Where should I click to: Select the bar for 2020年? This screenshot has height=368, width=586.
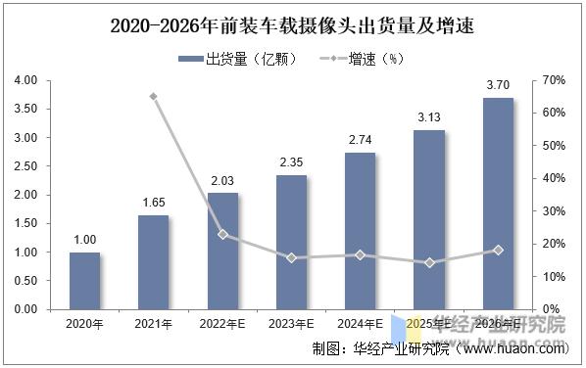(84, 281)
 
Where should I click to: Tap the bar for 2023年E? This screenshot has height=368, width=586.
(291, 243)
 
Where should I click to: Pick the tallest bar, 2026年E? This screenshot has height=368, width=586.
(498, 204)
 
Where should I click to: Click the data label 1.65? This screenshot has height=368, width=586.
(153, 202)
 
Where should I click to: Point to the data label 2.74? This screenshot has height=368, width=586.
(360, 140)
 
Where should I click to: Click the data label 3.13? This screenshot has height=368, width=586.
(429, 117)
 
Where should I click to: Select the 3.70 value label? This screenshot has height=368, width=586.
(498, 85)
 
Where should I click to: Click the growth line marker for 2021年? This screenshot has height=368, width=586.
(154, 97)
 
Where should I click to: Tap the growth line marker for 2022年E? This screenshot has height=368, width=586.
(222, 234)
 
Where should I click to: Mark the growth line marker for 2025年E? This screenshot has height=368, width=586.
(429, 262)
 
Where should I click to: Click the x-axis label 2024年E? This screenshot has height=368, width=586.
(360, 324)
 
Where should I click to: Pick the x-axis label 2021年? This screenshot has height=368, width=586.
(153, 324)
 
